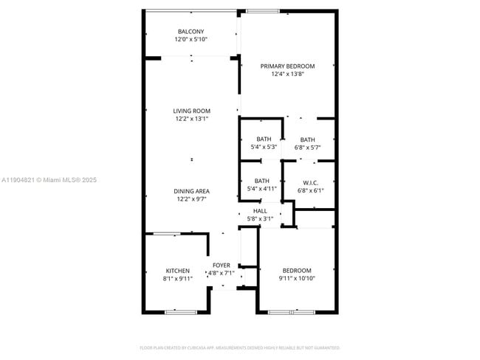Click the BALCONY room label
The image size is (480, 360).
point(191,31)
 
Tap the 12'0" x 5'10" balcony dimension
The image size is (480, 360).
point(191,39)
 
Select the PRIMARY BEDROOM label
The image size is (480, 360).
point(287,66)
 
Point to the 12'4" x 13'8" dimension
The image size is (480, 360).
point(287,74)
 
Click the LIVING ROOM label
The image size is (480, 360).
point(191,111)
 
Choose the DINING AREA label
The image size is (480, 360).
point(191,191)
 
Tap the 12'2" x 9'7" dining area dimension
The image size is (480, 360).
point(191,199)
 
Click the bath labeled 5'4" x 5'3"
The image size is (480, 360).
point(263,139)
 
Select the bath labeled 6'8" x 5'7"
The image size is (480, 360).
point(307,139)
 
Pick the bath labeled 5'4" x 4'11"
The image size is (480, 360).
point(261,181)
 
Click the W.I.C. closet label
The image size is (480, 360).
point(309,182)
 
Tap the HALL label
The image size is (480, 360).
point(260,211)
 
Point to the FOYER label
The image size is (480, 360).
point(222,265)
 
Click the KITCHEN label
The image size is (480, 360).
point(177,271)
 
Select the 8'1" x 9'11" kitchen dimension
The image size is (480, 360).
point(177,279)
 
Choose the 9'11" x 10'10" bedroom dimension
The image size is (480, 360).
point(295,279)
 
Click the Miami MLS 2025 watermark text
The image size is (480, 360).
point(49,180)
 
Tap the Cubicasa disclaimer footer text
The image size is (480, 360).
point(239,347)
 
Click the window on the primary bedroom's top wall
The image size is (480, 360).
point(262,11)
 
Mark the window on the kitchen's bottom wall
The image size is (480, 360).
point(180,312)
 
